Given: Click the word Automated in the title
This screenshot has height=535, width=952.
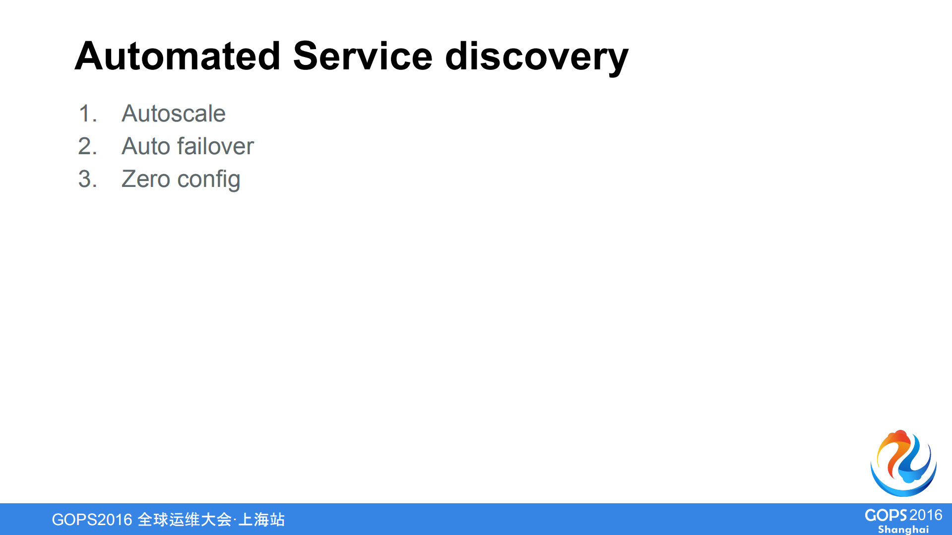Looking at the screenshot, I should pyautogui.click(x=178, y=56).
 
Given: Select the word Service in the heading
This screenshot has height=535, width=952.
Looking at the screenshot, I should pyautogui.click(x=363, y=56).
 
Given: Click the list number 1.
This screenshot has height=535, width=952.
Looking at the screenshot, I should pyautogui.click(x=87, y=114).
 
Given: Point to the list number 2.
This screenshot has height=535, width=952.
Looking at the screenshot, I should pyautogui.click(x=87, y=146).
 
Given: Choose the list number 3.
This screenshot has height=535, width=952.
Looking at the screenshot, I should pyautogui.click(x=87, y=179).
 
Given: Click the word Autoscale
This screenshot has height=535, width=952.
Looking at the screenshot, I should pyautogui.click(x=174, y=114).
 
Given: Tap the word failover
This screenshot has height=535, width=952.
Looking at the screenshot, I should pyautogui.click(x=215, y=146).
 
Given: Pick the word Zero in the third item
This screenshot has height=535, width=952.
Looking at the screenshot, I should pyautogui.click(x=146, y=179).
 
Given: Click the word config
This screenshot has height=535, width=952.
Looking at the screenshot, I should pyautogui.click(x=208, y=179).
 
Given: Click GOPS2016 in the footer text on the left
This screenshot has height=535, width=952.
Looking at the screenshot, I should pyautogui.click(x=92, y=520).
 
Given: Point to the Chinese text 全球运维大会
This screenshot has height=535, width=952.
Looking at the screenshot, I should pyautogui.click(x=185, y=520).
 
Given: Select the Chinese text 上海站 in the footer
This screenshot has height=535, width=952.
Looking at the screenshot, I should pyautogui.click(x=261, y=520).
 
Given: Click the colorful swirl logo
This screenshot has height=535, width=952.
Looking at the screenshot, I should pyautogui.click(x=903, y=464).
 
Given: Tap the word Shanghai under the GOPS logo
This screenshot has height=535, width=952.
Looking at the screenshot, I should pyautogui.click(x=903, y=530).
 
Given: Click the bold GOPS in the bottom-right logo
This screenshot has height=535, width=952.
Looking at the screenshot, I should pyautogui.click(x=886, y=516).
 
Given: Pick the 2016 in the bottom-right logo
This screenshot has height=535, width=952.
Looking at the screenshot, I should pyautogui.click(x=926, y=515).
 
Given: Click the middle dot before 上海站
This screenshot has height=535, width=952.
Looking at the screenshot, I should pyautogui.click(x=235, y=520).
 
